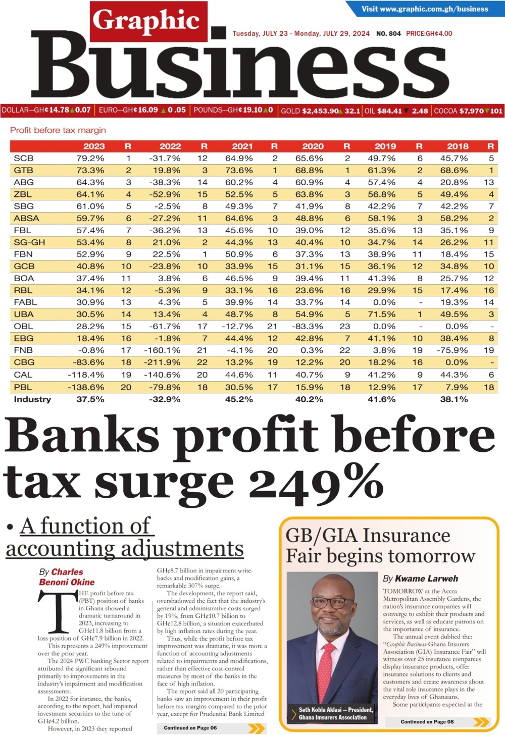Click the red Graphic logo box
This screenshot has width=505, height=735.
tap(148, 21)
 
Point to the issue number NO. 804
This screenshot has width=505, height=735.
tap(388, 34)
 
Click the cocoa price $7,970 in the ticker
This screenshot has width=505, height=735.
tap(471, 111)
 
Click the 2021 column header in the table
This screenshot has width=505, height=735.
tap(242, 146)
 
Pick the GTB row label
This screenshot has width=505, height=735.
tap(24, 171)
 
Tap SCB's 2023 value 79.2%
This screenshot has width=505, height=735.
tap(90, 159)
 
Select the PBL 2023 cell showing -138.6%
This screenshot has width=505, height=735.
tap(86, 387)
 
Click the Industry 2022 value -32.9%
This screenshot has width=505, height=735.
tap(165, 399)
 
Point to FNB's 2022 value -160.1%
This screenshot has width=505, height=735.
tap(162, 350)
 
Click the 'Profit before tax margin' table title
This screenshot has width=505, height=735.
tap(58, 130)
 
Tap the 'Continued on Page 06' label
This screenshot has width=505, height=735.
tap(190, 727)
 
